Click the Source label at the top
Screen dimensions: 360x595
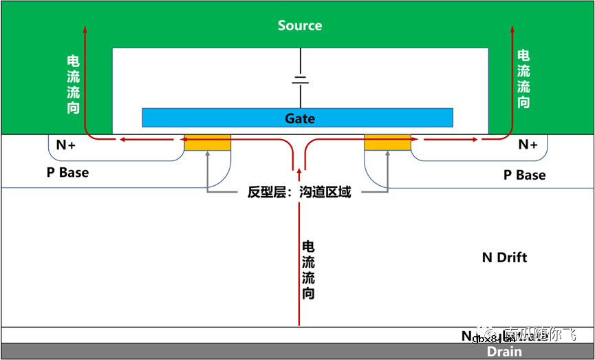coord(299,25)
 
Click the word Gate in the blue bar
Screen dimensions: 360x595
coord(300,118)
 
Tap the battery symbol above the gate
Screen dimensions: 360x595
coord(300,79)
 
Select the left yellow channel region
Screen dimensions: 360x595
coord(207,143)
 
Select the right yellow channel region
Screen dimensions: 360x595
coord(387,143)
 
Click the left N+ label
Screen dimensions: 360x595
coord(66,145)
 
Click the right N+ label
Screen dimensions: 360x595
coord(528,145)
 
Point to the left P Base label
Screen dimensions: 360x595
coord(67,172)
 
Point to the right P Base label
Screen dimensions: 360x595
coord(524,175)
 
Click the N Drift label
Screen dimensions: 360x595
coord(504,257)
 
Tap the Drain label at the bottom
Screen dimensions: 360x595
coord(504,352)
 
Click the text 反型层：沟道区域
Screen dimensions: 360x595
coord(299,192)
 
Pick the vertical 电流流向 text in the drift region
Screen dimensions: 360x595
coord(309,269)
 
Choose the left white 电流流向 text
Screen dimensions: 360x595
coord(73,84)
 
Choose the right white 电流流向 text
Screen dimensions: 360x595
coord(523,78)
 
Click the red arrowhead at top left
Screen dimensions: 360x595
coord(85,29)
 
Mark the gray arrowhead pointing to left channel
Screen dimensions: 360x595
coord(207,155)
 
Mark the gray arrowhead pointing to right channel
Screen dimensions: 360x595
coord(387,155)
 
